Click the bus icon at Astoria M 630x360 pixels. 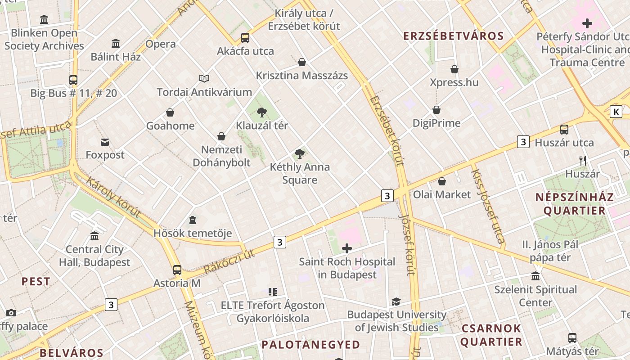point(177,270)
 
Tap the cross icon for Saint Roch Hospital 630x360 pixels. point(347,248)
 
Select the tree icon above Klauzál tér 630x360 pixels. point(261,112)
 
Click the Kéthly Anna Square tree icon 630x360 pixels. point(299,154)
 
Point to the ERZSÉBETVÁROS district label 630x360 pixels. point(453,36)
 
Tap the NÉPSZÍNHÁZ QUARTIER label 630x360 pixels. point(574,204)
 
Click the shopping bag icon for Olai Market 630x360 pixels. point(442,181)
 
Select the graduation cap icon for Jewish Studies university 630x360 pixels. point(396,301)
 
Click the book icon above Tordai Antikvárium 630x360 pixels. point(204,79)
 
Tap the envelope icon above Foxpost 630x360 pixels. point(105,142)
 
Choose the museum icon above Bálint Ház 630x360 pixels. point(116,44)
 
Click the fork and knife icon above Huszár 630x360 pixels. point(583,160)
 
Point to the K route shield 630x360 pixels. point(616,112)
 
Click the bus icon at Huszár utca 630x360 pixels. point(564,130)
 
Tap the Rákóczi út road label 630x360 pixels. point(229,261)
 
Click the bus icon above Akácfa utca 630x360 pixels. point(245,38)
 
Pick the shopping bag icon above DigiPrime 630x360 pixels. point(436,110)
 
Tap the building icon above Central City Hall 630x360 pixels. point(94,236)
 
